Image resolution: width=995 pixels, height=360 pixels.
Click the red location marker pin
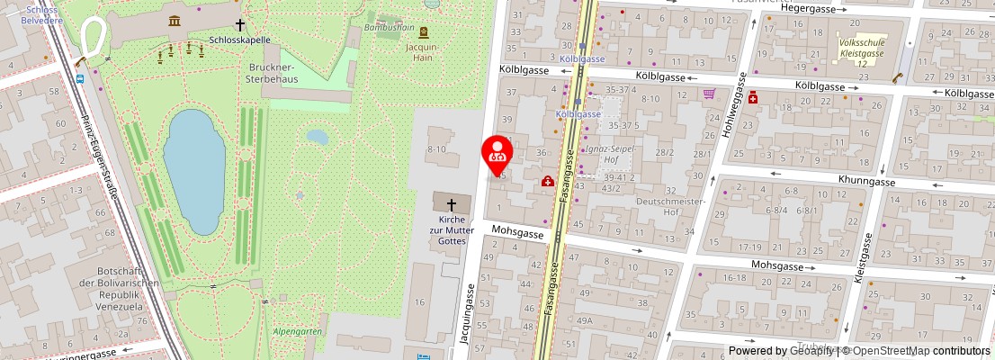(x=497, y=154)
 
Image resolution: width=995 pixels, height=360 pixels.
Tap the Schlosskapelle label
(x=239, y=40)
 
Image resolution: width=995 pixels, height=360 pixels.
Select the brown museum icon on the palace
(x=173, y=20)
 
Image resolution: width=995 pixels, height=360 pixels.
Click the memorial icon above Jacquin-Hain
(x=423, y=31)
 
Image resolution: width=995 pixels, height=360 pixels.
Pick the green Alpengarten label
(x=297, y=331)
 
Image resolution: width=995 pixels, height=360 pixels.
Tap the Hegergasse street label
(x=809, y=8)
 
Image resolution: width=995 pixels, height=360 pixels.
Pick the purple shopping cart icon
(x=709, y=93)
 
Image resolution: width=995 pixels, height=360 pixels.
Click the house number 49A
(x=585, y=321)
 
